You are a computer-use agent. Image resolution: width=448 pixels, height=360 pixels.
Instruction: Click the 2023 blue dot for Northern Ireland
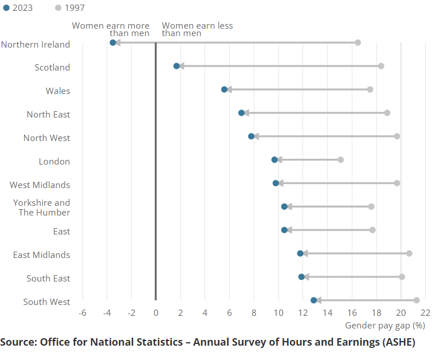pos(113,42)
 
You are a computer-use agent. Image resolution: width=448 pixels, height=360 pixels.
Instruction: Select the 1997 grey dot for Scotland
pos(381,66)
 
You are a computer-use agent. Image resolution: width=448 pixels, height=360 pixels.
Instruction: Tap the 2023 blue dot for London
pos(274,159)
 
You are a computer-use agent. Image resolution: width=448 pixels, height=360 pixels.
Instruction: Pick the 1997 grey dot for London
pos(340,159)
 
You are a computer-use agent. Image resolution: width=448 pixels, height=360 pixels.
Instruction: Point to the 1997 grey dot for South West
pos(416,300)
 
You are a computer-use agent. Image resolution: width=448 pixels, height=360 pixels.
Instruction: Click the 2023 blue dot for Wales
pos(225,89)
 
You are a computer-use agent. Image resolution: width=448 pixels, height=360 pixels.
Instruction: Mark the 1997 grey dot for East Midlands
pos(409,253)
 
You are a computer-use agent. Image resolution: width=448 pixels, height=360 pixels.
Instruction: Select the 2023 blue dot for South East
pos(301,277)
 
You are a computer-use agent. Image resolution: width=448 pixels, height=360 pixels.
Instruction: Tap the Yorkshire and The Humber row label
pos(41,208)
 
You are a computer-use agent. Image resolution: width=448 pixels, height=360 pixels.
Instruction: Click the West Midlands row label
pos(40,185)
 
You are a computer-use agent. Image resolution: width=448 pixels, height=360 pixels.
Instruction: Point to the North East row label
pos(48,115)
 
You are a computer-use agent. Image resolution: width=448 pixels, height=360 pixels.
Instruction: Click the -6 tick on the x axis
pos(82,313)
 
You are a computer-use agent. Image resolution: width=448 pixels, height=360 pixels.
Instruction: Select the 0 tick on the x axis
pos(156,313)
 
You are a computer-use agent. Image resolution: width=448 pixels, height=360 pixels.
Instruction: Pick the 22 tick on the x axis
pos(425,313)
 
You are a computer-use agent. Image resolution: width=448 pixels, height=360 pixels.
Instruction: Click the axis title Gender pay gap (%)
pos(385,326)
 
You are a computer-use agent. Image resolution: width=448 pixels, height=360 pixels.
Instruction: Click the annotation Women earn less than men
pos(197,29)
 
